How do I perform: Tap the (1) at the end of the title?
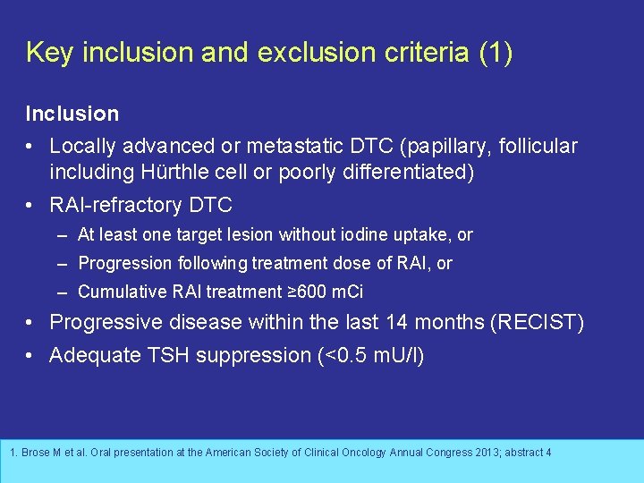496,53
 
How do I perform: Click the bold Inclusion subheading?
72,114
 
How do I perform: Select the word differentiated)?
408,172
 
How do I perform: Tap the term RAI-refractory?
116,205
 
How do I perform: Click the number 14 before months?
399,323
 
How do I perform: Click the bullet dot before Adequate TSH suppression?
30,355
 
